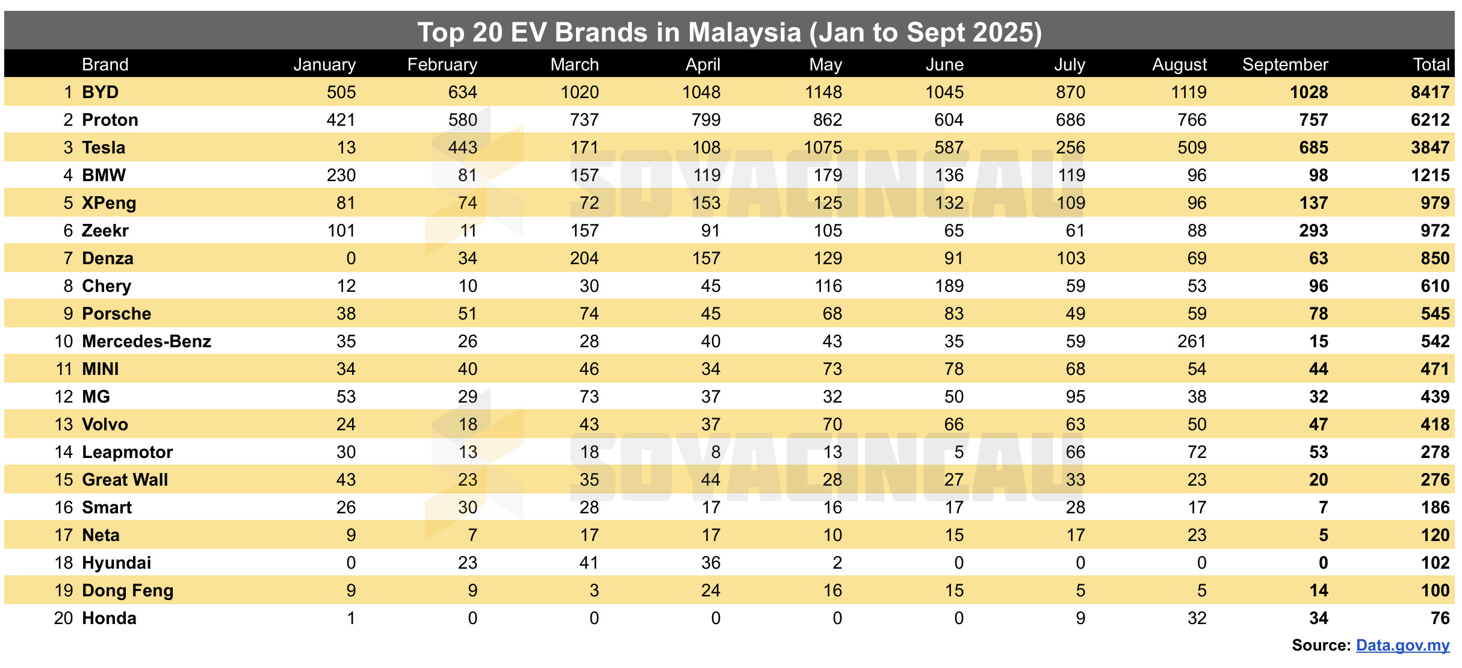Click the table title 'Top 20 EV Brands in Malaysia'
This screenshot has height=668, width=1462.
click(729, 32)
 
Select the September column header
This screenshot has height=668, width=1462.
click(1284, 64)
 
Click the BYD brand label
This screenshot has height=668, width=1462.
click(100, 92)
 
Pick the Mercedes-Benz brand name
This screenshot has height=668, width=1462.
click(146, 341)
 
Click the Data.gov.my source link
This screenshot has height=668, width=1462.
click(1402, 645)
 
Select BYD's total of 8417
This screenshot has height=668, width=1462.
click(1429, 92)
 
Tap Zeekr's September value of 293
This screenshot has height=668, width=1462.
click(1313, 230)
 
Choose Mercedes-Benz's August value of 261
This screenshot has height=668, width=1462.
click(1191, 341)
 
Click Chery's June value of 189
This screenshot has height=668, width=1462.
click(949, 286)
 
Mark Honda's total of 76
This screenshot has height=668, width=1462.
click(1439, 618)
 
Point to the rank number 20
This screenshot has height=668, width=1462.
click(63, 618)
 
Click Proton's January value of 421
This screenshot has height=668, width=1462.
click(341, 120)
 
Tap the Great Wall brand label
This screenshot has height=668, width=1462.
click(125, 480)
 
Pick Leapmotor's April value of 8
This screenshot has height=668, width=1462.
click(715, 452)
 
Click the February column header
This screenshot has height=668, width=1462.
click(442, 64)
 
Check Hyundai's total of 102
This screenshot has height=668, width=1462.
click(1434, 563)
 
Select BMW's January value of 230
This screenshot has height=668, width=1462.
click(341, 175)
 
